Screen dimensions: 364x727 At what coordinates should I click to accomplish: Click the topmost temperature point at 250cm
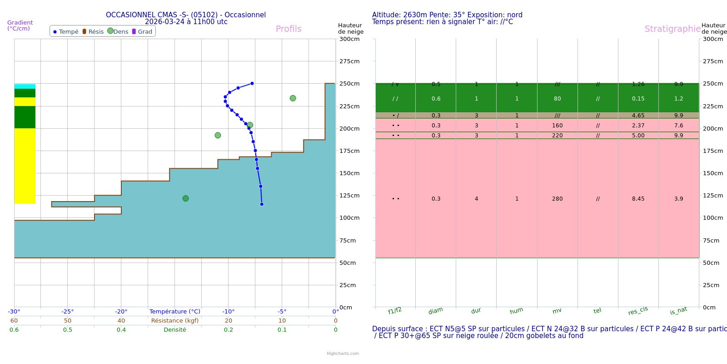[252, 83]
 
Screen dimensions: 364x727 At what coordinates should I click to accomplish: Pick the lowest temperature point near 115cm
[262, 204]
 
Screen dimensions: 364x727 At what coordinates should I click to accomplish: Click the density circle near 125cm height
[185, 198]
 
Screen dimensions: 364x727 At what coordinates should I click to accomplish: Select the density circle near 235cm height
[293, 98]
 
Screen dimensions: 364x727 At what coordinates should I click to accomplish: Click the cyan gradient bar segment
[25, 86]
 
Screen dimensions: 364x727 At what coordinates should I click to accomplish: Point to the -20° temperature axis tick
[121, 312]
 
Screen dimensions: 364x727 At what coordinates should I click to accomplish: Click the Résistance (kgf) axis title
[175, 321]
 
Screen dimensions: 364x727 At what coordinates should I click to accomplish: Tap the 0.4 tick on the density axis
[121, 330]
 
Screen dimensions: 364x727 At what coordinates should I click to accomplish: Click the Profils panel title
[289, 29]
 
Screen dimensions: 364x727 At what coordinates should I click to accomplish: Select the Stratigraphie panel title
[672, 29]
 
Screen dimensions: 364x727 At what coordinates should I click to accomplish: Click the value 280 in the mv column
[557, 199]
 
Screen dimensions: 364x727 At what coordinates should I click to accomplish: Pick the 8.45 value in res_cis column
[638, 199]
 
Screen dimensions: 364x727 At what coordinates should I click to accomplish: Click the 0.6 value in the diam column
[436, 99]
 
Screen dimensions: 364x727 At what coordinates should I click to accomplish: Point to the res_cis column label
[638, 311]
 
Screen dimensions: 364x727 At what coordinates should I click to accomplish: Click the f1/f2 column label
[395, 311]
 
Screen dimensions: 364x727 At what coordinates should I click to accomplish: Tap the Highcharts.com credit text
[343, 354]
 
